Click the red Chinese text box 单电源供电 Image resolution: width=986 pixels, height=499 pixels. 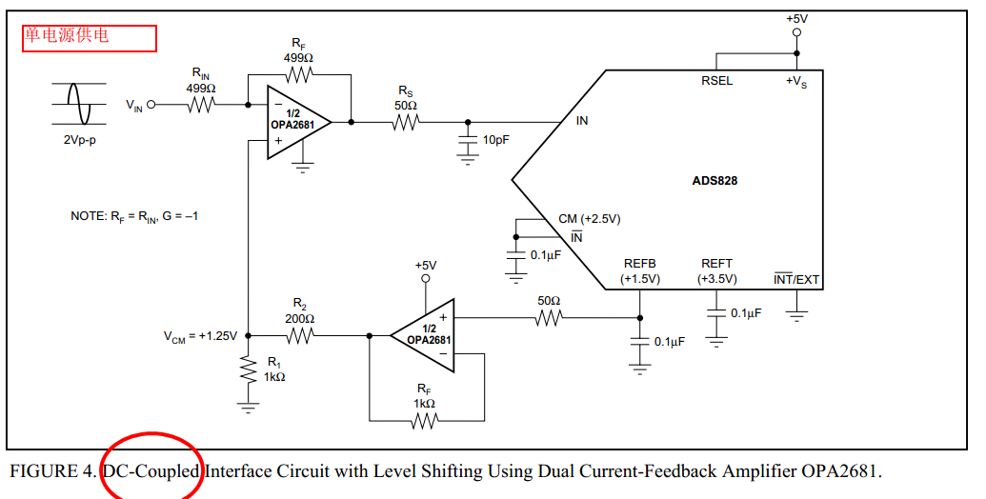click(89, 36)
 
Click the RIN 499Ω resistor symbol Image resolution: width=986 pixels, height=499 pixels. click(201, 105)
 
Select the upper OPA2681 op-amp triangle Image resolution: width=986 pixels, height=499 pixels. click(296, 123)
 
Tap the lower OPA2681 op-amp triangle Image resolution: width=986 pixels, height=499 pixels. click(425, 334)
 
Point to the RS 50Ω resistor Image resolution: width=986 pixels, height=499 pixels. click(406, 122)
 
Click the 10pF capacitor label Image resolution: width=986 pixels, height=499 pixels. click(495, 140)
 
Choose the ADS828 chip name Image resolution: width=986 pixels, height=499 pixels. click(714, 180)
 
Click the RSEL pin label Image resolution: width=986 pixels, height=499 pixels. click(716, 81)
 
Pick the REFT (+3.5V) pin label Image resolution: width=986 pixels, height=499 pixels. click(716, 271)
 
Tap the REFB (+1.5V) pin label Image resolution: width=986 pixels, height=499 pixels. click(639, 271)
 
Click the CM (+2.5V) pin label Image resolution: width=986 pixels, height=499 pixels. click(589, 219)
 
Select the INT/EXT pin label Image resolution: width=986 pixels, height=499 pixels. click(796, 280)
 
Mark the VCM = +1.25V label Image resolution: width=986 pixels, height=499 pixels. click(200, 336)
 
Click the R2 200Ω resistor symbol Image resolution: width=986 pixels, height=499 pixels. click(299, 335)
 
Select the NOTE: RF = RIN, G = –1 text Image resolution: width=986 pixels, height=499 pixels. click(134, 216)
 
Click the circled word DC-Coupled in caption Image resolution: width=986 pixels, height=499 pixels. click(151, 471)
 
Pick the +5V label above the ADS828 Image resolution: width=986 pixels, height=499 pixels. click(796, 18)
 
